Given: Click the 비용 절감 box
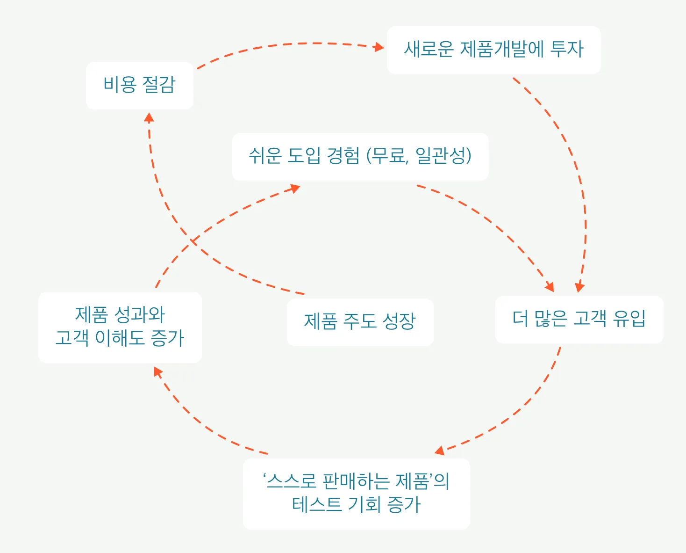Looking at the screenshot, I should coord(139,86).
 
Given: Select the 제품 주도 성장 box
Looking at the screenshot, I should coord(360,322).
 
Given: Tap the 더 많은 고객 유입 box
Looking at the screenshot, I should coord(579,320).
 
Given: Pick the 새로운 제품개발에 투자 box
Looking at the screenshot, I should coord(493,50).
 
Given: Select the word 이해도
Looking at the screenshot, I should coord(120,338).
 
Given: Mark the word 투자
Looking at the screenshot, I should coord(567,49).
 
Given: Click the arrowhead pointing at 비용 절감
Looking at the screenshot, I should coord(149,117).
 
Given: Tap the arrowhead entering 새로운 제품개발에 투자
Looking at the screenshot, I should coord(379,47).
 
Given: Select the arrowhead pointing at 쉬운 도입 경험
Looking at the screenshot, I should coord(295,188).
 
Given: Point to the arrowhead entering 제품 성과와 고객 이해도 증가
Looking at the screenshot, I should coord(157,371).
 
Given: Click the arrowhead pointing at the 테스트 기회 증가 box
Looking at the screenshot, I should coord(439,451).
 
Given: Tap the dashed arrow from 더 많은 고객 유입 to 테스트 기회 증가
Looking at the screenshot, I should coord(523,407).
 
